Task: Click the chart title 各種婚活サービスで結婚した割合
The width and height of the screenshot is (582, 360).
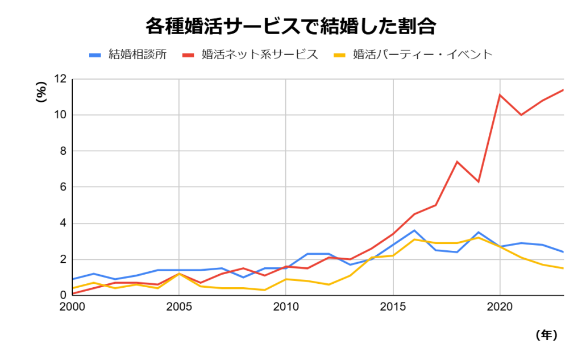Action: click(290, 26)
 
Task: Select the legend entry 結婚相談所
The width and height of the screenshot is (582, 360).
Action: click(138, 55)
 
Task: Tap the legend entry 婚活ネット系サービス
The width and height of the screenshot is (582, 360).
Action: click(259, 55)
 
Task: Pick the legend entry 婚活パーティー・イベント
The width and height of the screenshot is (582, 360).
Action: click(422, 55)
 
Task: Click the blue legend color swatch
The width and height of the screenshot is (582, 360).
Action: click(95, 55)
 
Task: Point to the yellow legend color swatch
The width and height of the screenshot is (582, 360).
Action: click(339, 55)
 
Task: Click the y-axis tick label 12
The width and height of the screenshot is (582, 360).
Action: click(61, 79)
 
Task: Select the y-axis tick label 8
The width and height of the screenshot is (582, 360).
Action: click(64, 151)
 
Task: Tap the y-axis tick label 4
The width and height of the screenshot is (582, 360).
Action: click(64, 224)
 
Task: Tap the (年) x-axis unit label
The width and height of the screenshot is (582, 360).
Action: click(546, 335)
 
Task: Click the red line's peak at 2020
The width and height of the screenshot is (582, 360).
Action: click(500, 95)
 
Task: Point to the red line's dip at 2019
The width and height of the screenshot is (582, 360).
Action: click(479, 181)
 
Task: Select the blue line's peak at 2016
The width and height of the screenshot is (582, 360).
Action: click(414, 230)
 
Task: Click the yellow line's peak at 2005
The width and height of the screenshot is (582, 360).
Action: click(179, 274)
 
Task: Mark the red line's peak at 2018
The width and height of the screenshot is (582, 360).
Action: click(457, 162)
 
